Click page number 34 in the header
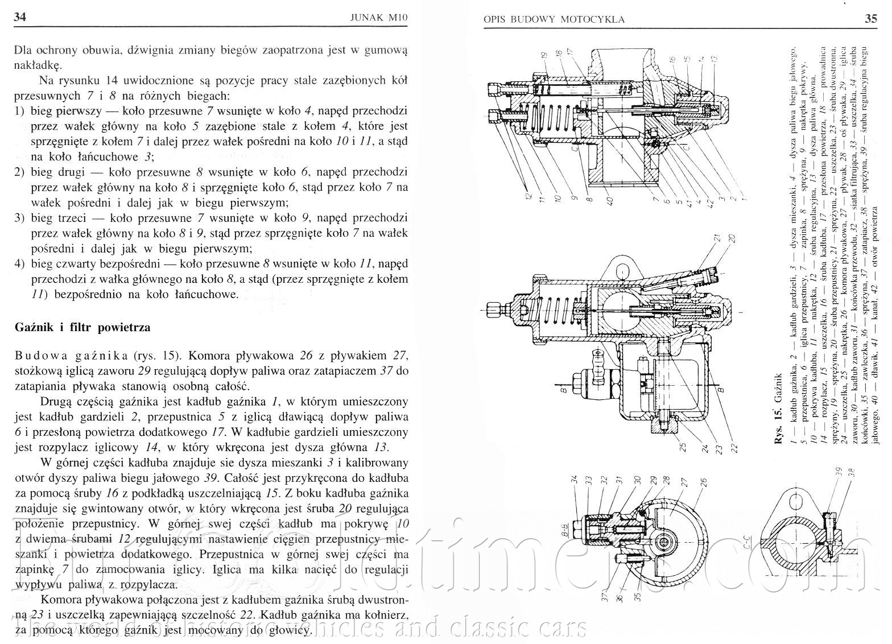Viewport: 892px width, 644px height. point(19,18)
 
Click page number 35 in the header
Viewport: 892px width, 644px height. point(870,18)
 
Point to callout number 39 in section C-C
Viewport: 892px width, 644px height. point(837,472)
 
